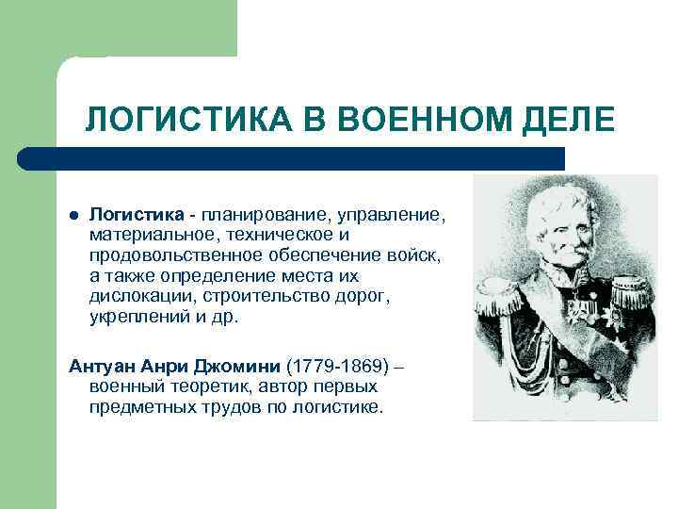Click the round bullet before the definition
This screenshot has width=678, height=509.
74,216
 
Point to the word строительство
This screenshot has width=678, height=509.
255,297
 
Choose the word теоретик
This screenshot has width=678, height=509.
186,386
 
